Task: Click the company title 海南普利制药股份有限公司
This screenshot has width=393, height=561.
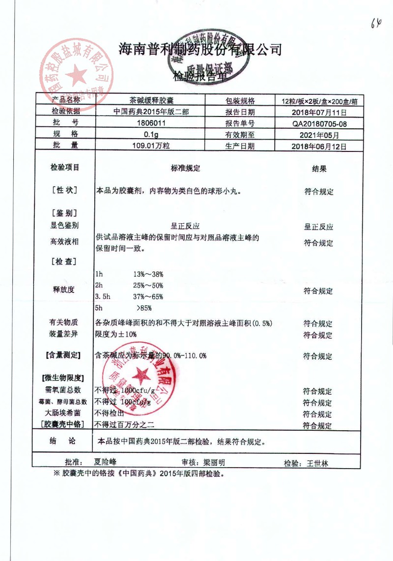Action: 200,50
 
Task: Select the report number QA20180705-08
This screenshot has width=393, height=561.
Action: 319,124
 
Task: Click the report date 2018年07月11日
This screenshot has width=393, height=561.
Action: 319,113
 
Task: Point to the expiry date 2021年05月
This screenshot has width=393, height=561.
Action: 319,135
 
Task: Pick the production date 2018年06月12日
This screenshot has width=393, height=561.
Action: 319,146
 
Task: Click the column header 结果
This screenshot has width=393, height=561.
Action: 319,169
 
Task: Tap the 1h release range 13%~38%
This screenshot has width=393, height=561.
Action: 148,274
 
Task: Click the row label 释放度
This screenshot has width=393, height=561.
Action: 64,290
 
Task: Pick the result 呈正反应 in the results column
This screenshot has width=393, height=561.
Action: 319,227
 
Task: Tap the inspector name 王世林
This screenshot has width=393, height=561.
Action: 317,463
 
